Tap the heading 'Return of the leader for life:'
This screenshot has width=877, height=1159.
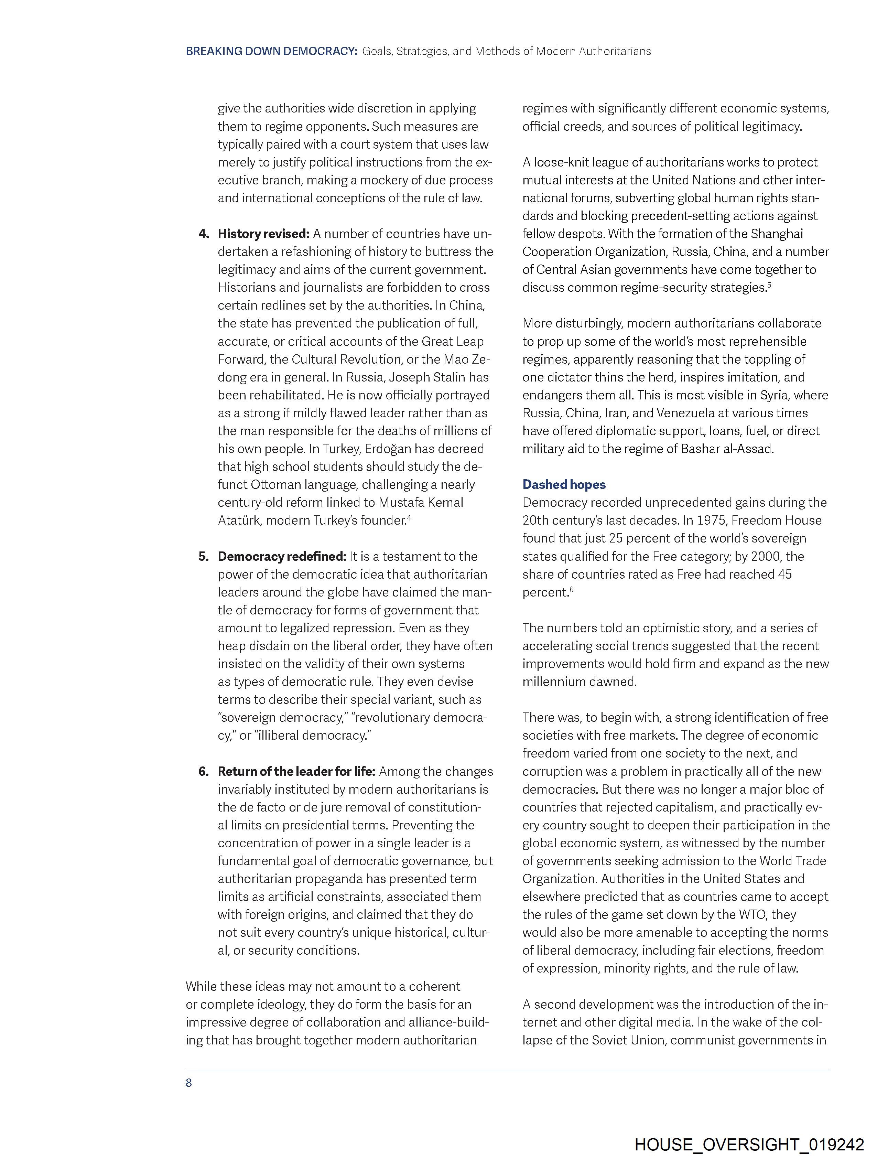coord(296,771)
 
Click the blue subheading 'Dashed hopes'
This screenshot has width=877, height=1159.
coord(564,485)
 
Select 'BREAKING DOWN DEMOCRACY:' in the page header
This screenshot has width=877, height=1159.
coord(271,51)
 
